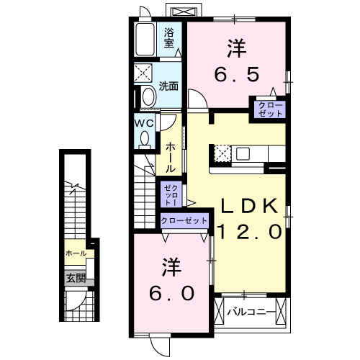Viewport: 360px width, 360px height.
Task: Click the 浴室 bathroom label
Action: coord(169,37)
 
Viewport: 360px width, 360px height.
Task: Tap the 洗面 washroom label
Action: coord(169,86)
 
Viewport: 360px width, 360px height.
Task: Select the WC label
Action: coord(144,122)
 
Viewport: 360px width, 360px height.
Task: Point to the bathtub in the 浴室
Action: coord(145,40)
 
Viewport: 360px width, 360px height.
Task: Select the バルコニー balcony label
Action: coord(250,312)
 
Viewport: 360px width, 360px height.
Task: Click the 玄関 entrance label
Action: coord(76,278)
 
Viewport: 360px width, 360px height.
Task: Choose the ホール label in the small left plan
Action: coord(76,253)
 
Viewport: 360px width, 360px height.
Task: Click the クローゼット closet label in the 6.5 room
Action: coord(267,109)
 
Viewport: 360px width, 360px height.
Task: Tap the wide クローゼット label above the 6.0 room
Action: coord(184,220)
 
